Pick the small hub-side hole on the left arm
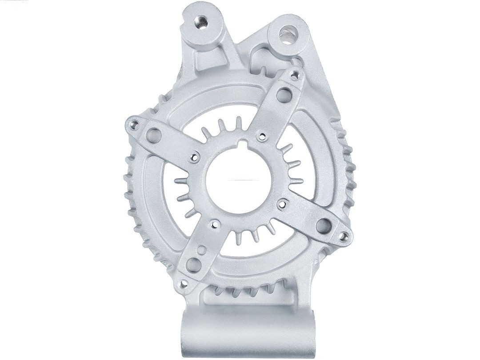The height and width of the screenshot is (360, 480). (194, 155)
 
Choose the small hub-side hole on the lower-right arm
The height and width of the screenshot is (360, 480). (280, 204)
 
